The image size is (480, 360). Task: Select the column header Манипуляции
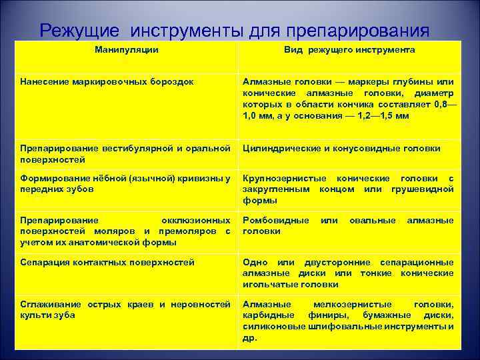(127, 50)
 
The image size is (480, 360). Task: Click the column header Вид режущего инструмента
(348, 50)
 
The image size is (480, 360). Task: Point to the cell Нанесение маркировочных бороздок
(107, 81)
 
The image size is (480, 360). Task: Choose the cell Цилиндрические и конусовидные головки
(341, 149)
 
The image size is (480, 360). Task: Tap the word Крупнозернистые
(286, 178)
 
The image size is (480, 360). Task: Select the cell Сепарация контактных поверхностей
(107, 263)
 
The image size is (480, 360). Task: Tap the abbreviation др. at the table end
(249, 337)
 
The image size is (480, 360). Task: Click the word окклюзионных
(196, 220)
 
